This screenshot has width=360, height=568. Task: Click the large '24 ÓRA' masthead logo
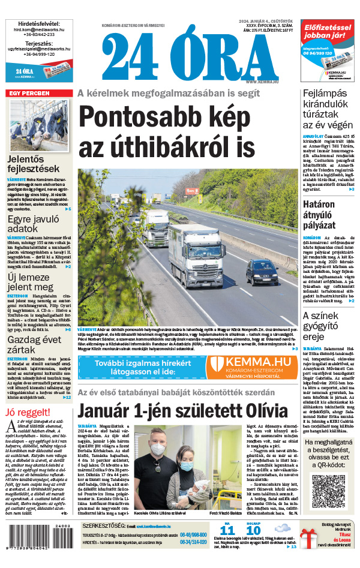[174, 55]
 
